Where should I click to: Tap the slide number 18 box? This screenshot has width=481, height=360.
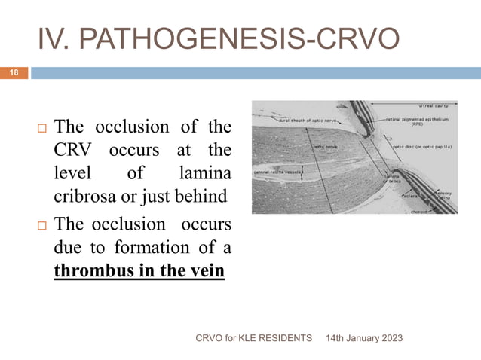click(14, 73)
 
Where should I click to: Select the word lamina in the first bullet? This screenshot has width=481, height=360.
click(207, 174)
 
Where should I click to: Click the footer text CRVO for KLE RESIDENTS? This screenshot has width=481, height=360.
click(253, 340)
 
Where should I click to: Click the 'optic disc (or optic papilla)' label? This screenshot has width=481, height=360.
click(423, 146)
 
